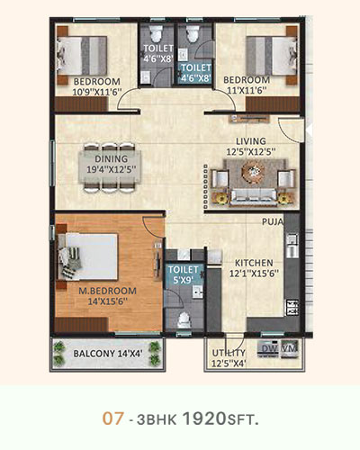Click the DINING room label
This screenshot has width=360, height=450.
pyautogui.click(x=112, y=158)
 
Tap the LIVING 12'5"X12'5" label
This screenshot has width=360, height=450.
pyautogui.click(x=251, y=147)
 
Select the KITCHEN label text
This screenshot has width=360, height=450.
pyautogui.click(x=254, y=263)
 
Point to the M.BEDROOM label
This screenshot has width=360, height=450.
pyautogui.click(x=107, y=291)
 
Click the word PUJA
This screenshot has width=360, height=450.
pyautogui.click(x=273, y=221)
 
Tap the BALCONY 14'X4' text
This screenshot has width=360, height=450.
pyautogui.click(x=108, y=354)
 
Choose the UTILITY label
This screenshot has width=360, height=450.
pyautogui.click(x=229, y=353)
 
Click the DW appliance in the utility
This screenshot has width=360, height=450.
pyautogui.click(x=268, y=349)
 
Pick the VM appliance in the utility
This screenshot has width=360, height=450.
pyautogui.click(x=290, y=349)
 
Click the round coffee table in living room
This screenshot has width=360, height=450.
pyautogui.click(x=254, y=171)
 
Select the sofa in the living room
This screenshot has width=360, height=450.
pyautogui.click(x=254, y=197)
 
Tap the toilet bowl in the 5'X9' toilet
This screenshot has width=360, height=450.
pyautogui.click(x=184, y=319)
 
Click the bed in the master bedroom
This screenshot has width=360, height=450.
pyautogui.click(x=87, y=256)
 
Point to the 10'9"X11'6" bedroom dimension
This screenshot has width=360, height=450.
pyautogui.click(x=97, y=92)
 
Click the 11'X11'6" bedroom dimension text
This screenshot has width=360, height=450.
pyautogui.click(x=247, y=90)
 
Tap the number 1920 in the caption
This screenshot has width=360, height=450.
pyautogui.click(x=204, y=418)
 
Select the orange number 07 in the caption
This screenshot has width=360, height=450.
pyautogui.click(x=113, y=418)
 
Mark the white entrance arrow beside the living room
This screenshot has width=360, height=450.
pyautogui.click(x=309, y=130)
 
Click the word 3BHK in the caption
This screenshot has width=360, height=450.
pyautogui.click(x=157, y=419)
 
